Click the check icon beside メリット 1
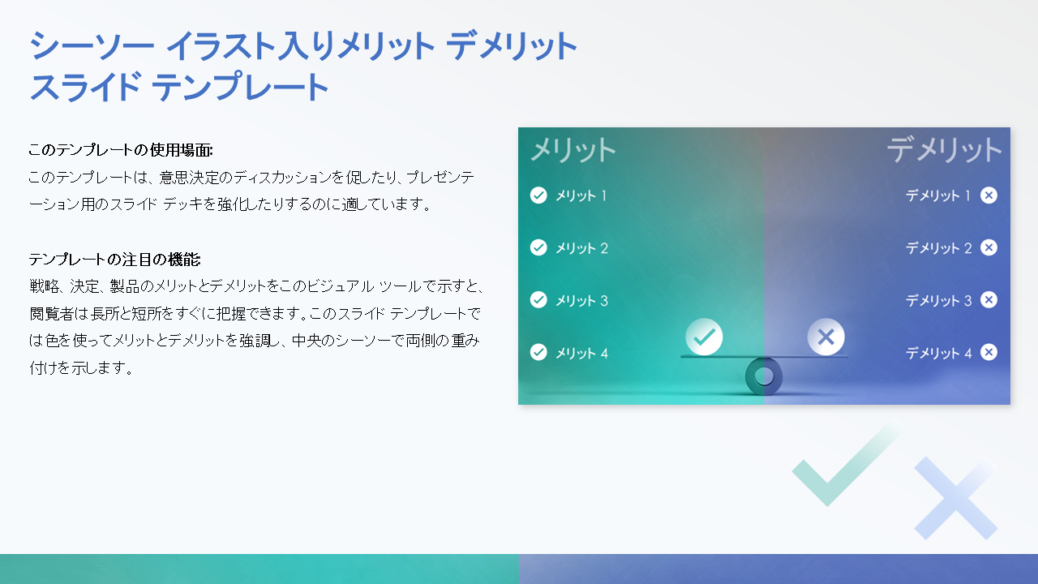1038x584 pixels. [538, 195]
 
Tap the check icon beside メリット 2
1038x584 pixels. [538, 247]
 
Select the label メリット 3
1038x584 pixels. [581, 301]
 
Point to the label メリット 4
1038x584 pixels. [581, 353]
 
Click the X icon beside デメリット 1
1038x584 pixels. [989, 195]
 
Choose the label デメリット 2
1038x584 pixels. [938, 248]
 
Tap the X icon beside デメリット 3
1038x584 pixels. [989, 300]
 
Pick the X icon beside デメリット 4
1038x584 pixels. [989, 352]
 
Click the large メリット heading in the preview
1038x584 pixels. [573, 150]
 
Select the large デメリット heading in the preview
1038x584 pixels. [944, 150]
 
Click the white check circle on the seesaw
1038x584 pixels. [704, 336]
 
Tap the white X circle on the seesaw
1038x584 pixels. [826, 336]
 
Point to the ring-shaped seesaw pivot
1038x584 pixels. [764, 376]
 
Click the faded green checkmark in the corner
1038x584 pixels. [843, 466]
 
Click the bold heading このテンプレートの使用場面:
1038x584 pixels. [120, 150]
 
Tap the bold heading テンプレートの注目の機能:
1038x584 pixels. [114, 260]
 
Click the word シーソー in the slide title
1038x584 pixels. [91, 47]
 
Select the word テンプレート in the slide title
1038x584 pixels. [240, 88]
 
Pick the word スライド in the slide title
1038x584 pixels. [85, 88]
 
